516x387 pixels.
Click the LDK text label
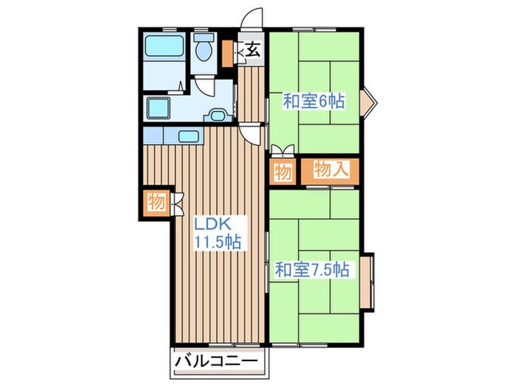(x=212, y=224)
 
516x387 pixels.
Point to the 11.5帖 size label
(x=218, y=243)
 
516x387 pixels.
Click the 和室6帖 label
(x=314, y=101)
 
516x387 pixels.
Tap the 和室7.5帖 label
(x=312, y=270)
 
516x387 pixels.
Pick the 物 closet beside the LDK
(x=156, y=202)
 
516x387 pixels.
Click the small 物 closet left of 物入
(x=283, y=172)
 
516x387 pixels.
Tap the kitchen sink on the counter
(x=189, y=136)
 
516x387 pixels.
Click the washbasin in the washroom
(x=217, y=116)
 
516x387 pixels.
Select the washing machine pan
(x=158, y=108)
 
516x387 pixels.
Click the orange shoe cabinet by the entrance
(x=227, y=53)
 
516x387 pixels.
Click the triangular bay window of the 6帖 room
(x=369, y=102)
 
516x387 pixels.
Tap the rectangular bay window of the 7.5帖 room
(x=367, y=282)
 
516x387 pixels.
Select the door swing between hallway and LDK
(x=251, y=135)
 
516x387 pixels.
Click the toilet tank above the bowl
(x=203, y=37)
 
